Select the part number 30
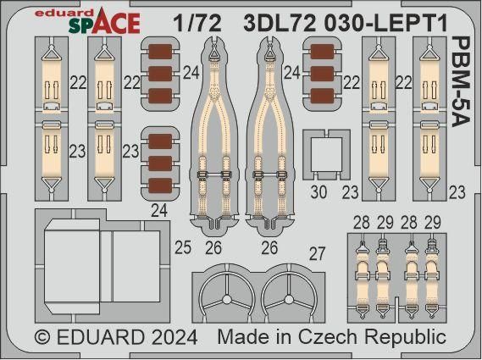point(319,191)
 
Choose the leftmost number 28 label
point(363,221)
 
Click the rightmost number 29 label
point(434,221)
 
